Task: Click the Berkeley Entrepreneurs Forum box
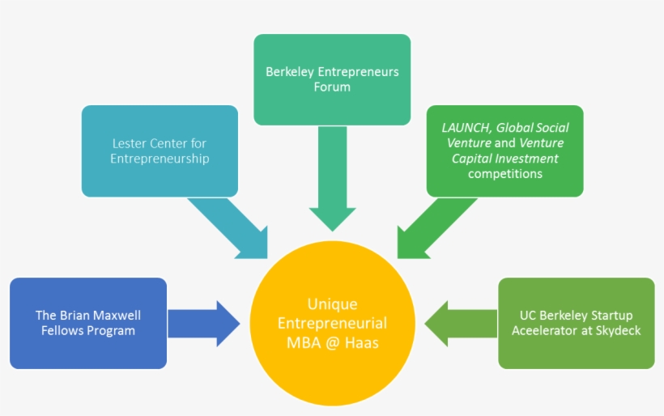pos(332,79)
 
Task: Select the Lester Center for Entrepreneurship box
pos(160,151)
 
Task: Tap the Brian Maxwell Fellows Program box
pos(88,323)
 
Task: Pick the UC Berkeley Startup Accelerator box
pos(576,323)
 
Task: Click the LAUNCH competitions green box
pos(504,151)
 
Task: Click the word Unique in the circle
pos(332,304)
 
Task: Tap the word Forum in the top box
pos(332,87)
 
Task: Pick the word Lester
pos(129,144)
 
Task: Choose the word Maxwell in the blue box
pos(119,315)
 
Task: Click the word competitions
pos(504,173)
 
